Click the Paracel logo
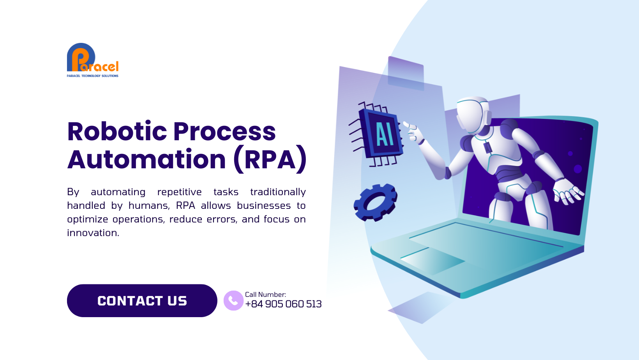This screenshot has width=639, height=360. coord(92,60)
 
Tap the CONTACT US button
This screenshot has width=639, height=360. coord(142,301)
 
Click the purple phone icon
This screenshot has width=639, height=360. coord(233,301)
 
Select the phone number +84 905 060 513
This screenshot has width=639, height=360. coord(283,304)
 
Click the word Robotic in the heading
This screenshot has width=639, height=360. coord(117,132)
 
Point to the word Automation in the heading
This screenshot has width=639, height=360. coord(147,159)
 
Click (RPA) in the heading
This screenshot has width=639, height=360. coord(270,159)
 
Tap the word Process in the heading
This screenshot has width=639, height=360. coord(224,132)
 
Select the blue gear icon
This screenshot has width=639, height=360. coord(376,202)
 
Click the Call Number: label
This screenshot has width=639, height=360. coord(265,295)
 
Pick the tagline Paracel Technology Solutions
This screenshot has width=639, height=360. coord(92,76)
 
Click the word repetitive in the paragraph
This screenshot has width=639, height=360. coord(180,192)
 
